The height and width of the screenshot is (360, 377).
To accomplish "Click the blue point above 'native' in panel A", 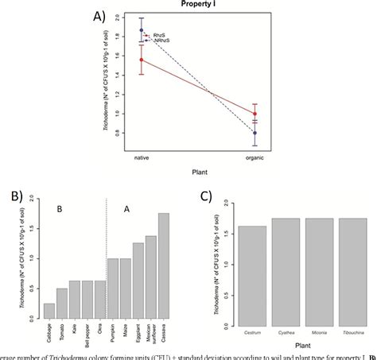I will [x=142, y=30].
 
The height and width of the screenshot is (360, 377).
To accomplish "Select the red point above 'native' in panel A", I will [x=142, y=60].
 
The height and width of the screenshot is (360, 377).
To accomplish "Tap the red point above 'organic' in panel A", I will [x=277, y=114].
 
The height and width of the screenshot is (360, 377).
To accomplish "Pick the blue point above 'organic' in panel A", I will [x=277, y=133].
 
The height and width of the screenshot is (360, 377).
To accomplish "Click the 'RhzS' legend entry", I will [x=157, y=36].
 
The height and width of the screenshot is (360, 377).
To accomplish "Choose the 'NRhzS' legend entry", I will [x=160, y=41].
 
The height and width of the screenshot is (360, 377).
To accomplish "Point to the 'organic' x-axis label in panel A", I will [x=277, y=157].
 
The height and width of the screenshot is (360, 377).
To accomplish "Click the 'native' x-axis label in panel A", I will [x=142, y=157].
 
